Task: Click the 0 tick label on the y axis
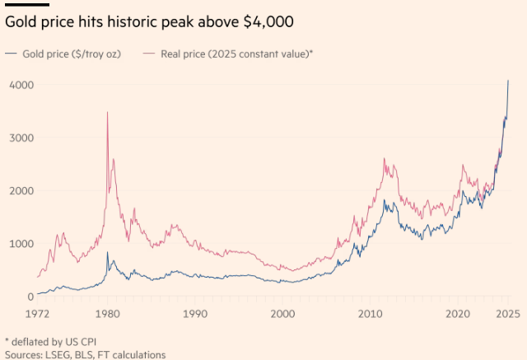(30, 297)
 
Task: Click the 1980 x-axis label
(107, 314)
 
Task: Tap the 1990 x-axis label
(195, 314)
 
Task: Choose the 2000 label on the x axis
(282, 314)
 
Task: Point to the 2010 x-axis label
(371, 314)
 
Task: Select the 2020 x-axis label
(458, 314)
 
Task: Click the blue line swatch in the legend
(12, 54)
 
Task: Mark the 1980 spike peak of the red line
(107, 113)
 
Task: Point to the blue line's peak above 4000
(508, 81)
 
